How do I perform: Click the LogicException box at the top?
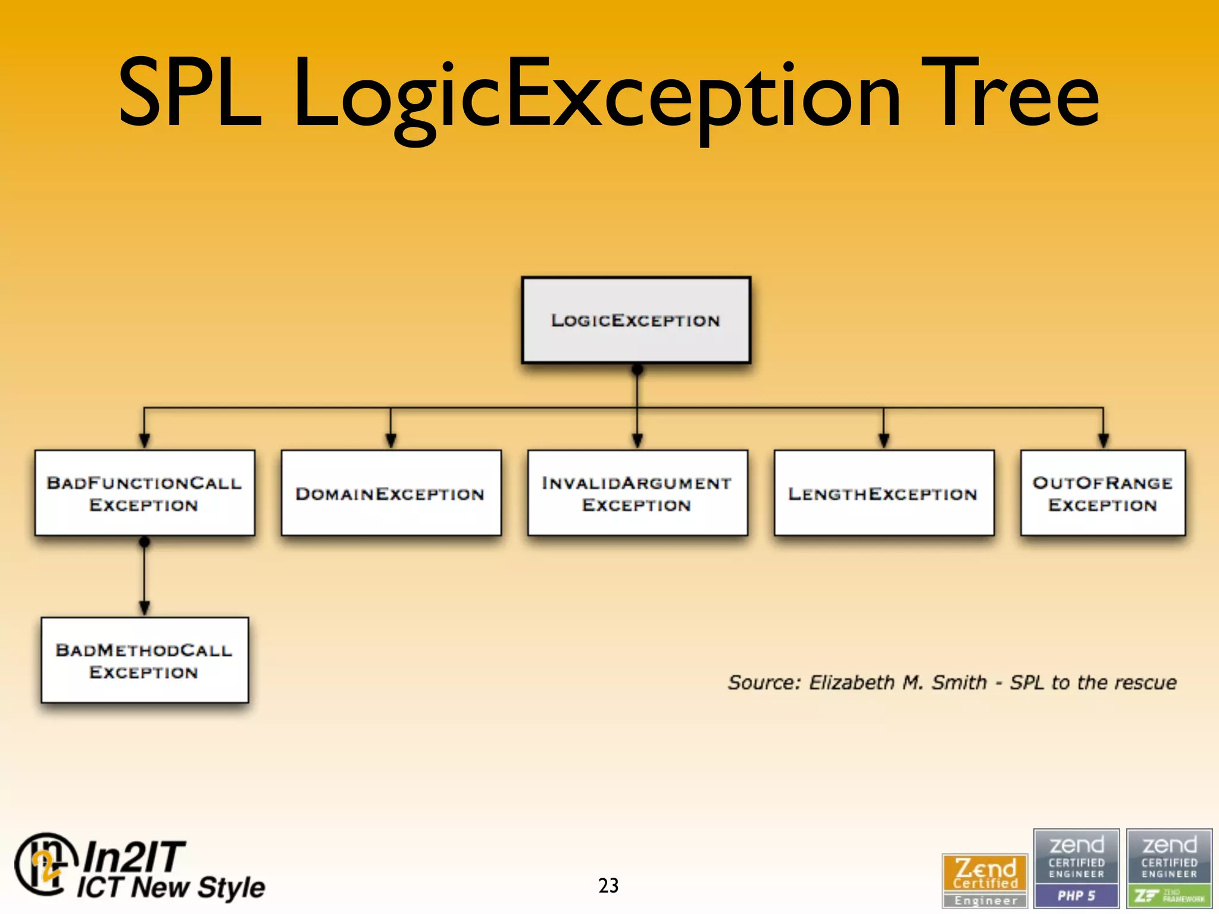(636, 320)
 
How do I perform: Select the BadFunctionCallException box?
(145, 493)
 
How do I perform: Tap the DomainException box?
(390, 493)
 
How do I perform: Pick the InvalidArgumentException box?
(637, 493)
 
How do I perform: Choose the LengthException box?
(883, 493)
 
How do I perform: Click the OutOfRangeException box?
(1102, 493)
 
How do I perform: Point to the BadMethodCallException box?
(145, 661)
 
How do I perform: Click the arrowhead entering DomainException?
(390, 441)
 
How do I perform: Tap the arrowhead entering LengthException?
(883, 441)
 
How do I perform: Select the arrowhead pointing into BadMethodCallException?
(145, 608)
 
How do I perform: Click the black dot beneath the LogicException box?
(637, 370)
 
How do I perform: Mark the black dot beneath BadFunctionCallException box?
(145, 542)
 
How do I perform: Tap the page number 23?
(608, 885)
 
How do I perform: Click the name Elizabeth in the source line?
(851, 682)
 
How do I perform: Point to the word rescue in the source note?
(1145, 682)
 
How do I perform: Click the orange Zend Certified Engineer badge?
(985, 880)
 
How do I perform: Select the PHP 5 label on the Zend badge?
(1076, 896)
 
